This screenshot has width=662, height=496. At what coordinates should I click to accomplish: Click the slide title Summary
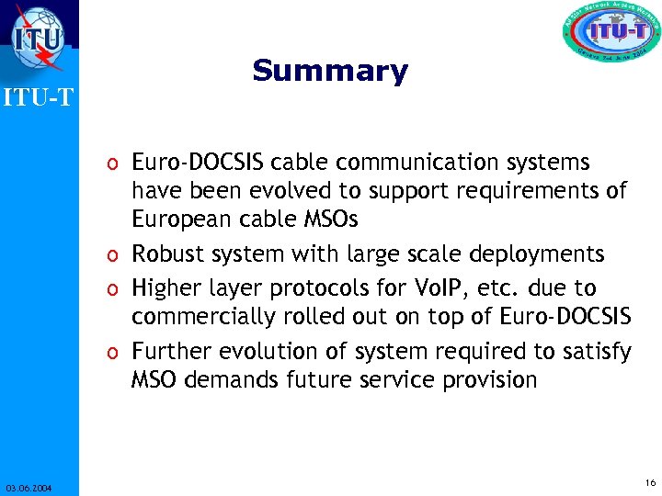click(x=329, y=71)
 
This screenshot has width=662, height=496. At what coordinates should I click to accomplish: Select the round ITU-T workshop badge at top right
click(x=611, y=35)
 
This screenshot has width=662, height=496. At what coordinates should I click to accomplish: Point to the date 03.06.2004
click(x=28, y=488)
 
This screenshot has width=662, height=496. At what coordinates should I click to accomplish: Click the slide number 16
click(x=650, y=482)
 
